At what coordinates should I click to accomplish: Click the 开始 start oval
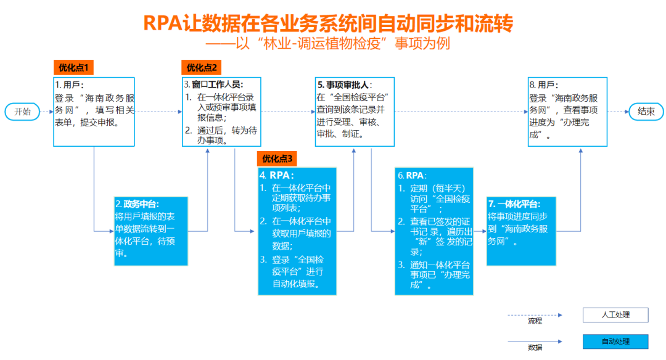pyautogui.click(x=22, y=112)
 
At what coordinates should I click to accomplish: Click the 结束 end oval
pyautogui.click(x=646, y=112)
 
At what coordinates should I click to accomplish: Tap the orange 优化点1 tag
pyautogui.click(x=73, y=67)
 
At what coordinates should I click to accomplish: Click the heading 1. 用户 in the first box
pyautogui.click(x=70, y=84)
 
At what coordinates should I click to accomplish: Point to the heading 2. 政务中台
pyautogui.click(x=138, y=204)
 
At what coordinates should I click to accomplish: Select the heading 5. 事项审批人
pyautogui.click(x=344, y=84)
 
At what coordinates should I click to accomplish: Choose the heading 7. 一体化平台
pyautogui.click(x=514, y=204)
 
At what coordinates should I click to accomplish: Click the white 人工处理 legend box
pyautogui.click(x=615, y=316)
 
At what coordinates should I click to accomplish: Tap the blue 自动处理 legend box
pyautogui.click(x=615, y=342)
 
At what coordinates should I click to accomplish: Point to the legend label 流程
pyautogui.click(x=535, y=321)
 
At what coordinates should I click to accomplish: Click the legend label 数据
pyautogui.click(x=535, y=348)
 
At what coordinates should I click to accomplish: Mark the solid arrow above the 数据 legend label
pyautogui.click(x=535, y=341)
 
